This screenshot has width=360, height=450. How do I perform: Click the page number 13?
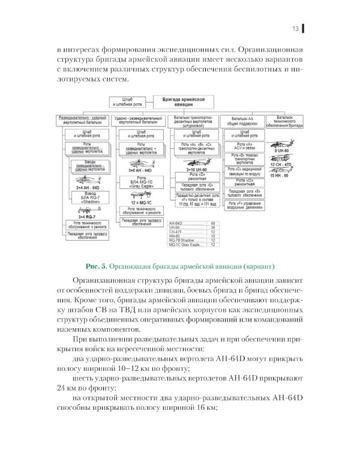[296, 28]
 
